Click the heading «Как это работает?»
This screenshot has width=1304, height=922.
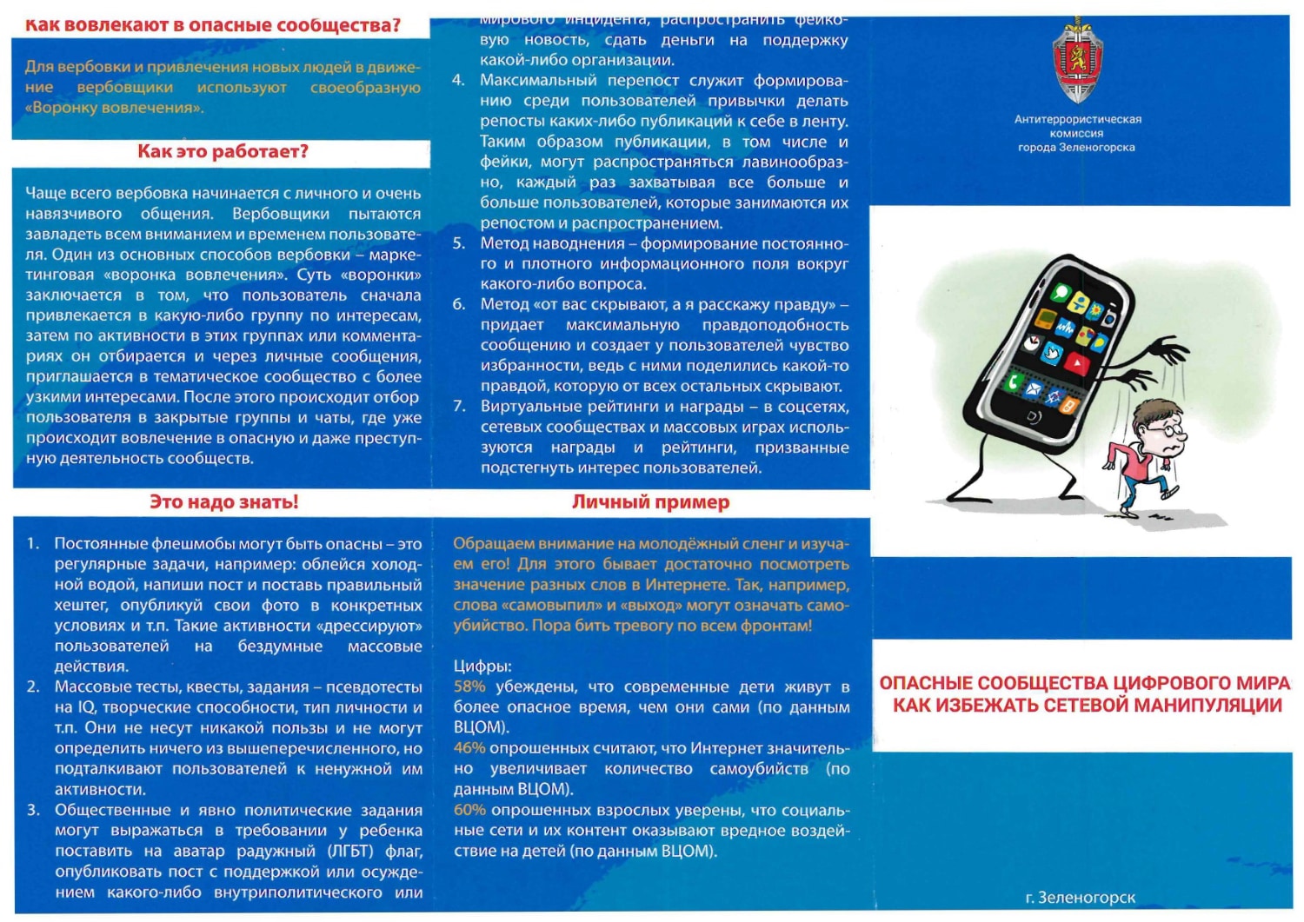(x=223, y=152)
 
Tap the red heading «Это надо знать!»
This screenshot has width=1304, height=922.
(x=223, y=502)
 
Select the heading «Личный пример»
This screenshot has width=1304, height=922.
(x=650, y=502)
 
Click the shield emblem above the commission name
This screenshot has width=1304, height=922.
(x=1077, y=61)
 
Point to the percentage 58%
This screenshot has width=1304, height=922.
(x=469, y=687)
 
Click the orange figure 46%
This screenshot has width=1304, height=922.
(x=469, y=748)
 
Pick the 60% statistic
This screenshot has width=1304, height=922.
(x=469, y=810)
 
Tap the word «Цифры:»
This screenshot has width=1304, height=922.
(x=482, y=667)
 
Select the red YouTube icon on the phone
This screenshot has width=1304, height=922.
(x=1075, y=363)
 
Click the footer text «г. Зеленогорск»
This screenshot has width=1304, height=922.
(x=1080, y=898)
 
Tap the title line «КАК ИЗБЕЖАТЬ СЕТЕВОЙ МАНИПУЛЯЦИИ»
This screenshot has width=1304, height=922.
(x=1087, y=706)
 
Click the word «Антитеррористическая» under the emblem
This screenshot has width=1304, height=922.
(x=1077, y=120)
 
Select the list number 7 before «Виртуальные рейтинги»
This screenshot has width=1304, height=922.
(x=459, y=407)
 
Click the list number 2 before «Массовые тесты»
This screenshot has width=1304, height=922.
(x=33, y=687)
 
